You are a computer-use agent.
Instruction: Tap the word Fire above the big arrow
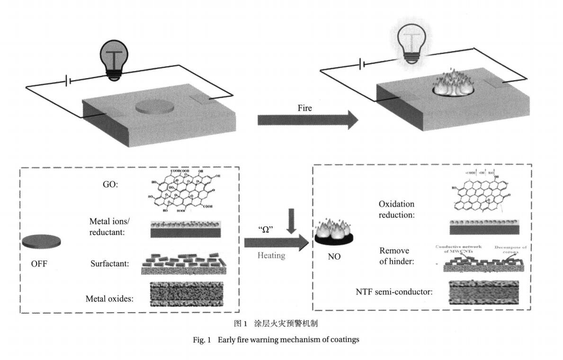pos(304,108)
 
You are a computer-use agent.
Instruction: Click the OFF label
pos(39,264)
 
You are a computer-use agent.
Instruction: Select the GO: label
pos(110,185)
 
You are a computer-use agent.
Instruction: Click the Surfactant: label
pos(110,263)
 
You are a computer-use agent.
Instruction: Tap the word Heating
pos(271,255)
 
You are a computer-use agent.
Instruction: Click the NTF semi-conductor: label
pos(394,292)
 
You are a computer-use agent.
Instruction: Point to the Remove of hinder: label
pos(394,256)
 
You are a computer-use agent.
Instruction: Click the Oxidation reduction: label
pos(396,209)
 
